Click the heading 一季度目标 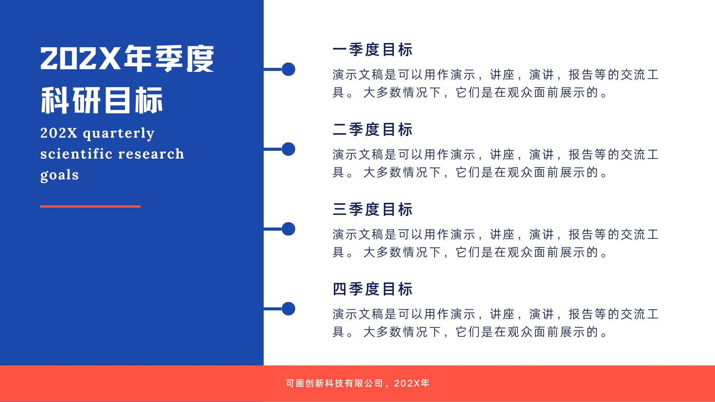pyautogui.click(x=373, y=50)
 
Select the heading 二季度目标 pyautogui.click(x=373, y=130)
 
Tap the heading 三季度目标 pyautogui.click(x=373, y=209)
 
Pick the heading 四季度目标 pyautogui.click(x=373, y=289)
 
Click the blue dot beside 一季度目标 pyautogui.click(x=289, y=69)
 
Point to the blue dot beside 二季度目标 pyautogui.click(x=289, y=149)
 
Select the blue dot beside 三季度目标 pyautogui.click(x=289, y=229)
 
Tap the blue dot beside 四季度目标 pyautogui.click(x=289, y=309)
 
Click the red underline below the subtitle pyautogui.click(x=90, y=206)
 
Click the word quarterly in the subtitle pyautogui.click(x=118, y=134)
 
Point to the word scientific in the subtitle pyautogui.click(x=76, y=154)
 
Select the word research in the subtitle pyautogui.click(x=151, y=154)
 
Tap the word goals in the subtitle pyautogui.click(x=59, y=175)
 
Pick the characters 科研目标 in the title pyautogui.click(x=102, y=100)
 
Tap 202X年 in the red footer pyautogui.click(x=412, y=383)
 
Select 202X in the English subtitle pyautogui.click(x=59, y=133)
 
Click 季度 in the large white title pyautogui.click(x=184, y=59)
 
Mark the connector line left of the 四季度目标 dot pyautogui.click(x=273, y=309)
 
